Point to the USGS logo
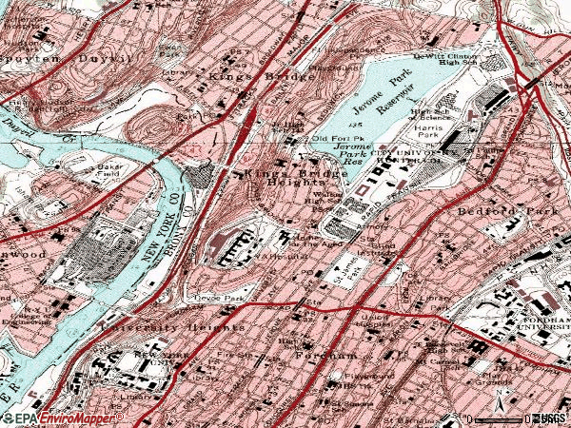pyautogui.click(x=549, y=418)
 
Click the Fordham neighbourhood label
pyautogui.click(x=311, y=354)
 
